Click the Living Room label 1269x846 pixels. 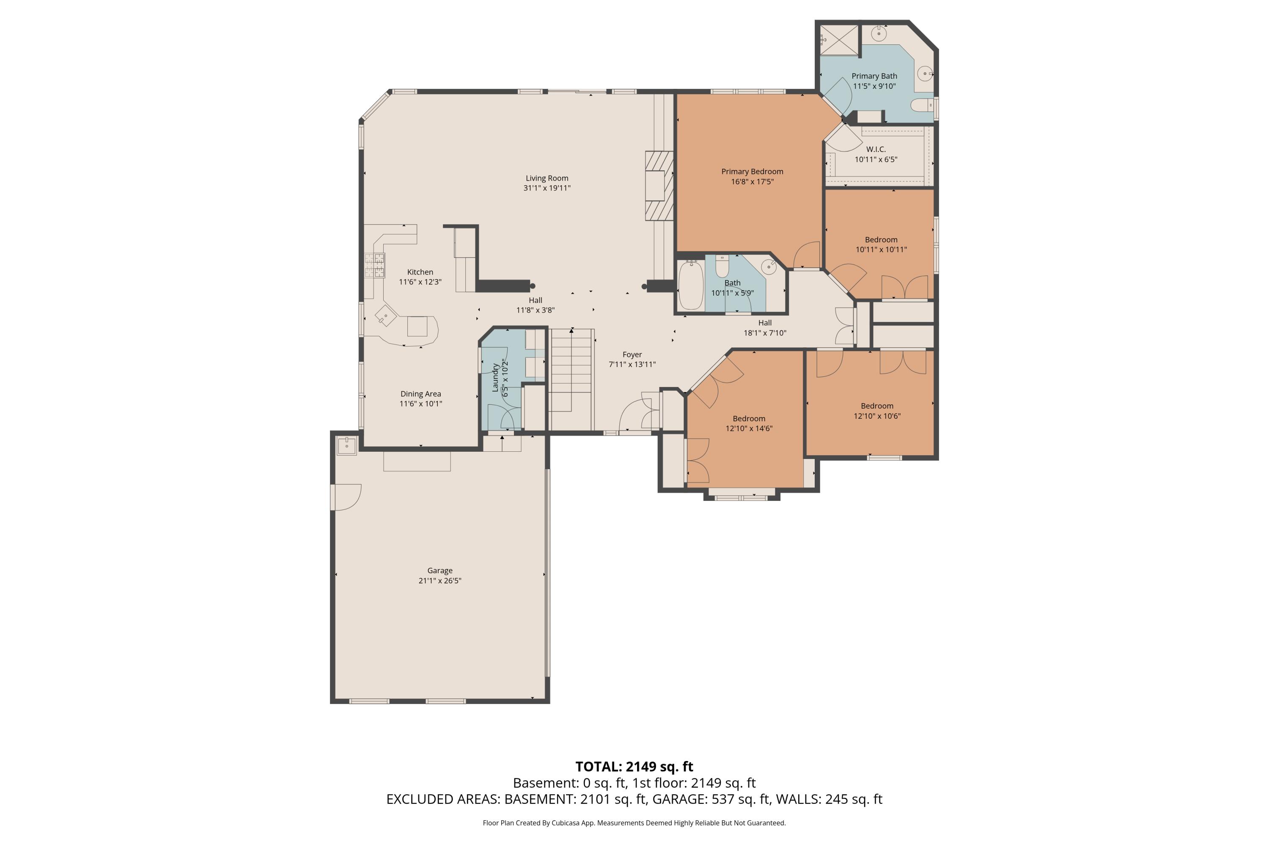click(547, 178)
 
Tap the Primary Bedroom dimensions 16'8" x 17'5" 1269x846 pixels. click(752, 182)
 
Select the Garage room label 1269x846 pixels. click(440, 570)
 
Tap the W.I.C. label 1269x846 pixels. click(876, 149)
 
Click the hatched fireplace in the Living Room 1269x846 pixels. click(659, 186)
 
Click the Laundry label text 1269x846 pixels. click(495, 377)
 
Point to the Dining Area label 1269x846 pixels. click(420, 394)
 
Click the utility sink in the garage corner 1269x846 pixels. click(346, 446)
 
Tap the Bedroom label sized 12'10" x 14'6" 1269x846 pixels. click(748, 419)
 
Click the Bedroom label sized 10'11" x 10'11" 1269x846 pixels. click(881, 239)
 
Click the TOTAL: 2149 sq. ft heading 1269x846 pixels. click(634, 766)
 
